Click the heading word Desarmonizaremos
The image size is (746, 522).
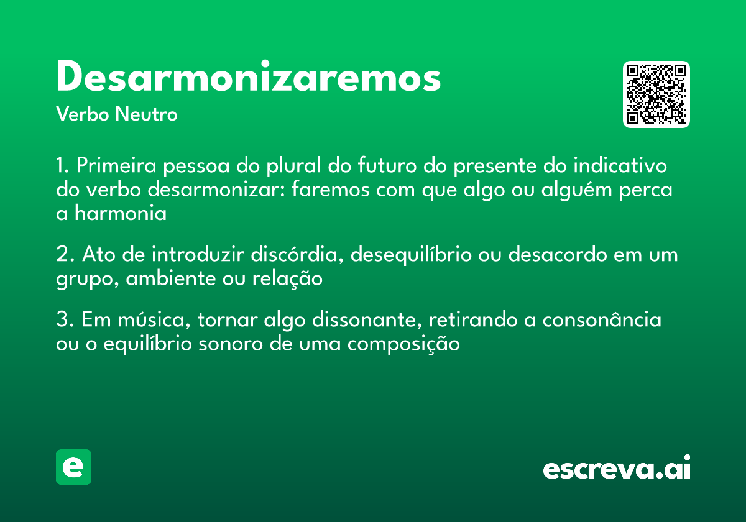pyautogui.click(x=248, y=78)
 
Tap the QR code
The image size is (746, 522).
pyautogui.click(x=656, y=94)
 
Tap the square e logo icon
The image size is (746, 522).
pyautogui.click(x=73, y=467)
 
